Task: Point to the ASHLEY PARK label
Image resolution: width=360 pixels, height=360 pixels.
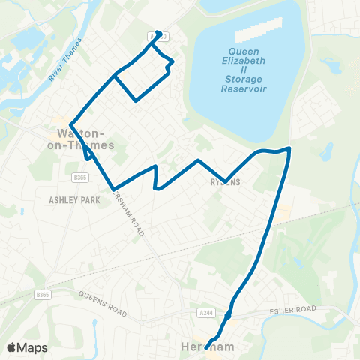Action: point(74,201)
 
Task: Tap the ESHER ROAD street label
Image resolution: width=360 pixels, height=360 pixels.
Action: point(295,309)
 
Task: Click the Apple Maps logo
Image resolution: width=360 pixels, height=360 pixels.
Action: point(28,347)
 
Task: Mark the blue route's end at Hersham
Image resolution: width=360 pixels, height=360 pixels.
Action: point(205,347)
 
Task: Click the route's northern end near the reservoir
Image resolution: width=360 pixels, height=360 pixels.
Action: point(158,33)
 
